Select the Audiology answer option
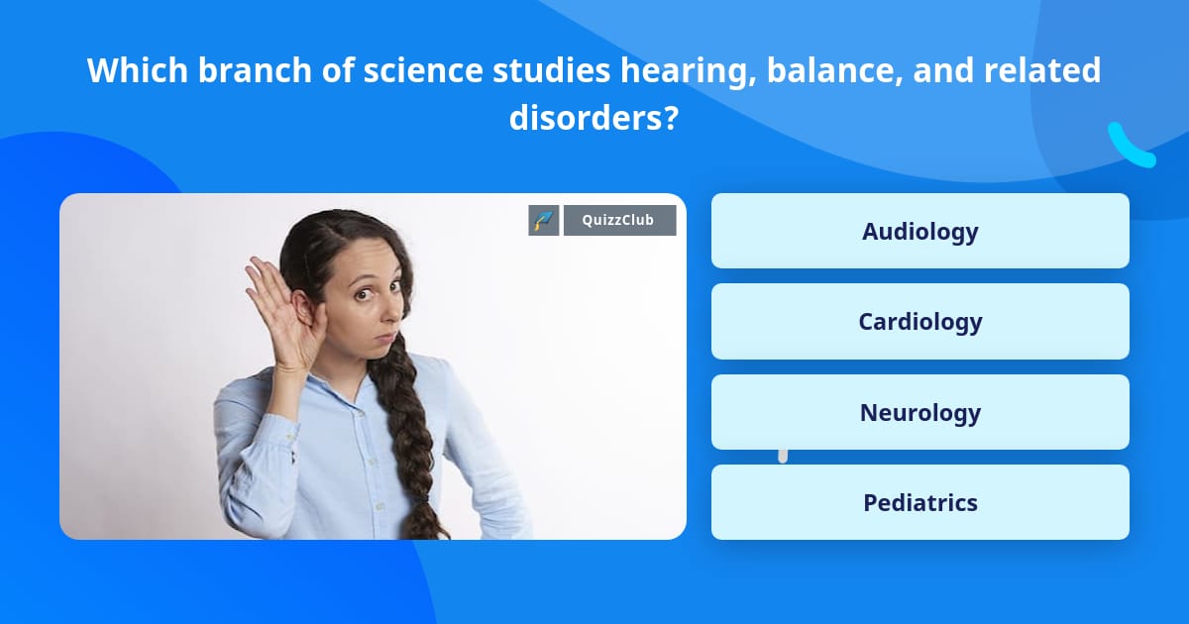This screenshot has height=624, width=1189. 919,231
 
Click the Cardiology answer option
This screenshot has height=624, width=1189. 919,321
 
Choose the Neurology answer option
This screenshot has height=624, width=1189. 919,412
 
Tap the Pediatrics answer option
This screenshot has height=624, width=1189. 919,502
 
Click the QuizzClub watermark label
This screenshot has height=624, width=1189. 619,220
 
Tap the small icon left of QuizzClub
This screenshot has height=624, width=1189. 544,220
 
